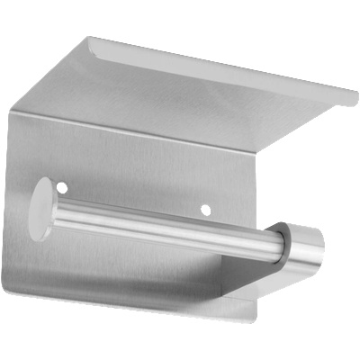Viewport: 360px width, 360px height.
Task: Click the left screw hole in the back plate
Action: tap(62, 188)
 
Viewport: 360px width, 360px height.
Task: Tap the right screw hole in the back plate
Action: tap(205, 210)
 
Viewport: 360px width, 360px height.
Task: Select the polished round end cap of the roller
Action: tap(309, 247)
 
